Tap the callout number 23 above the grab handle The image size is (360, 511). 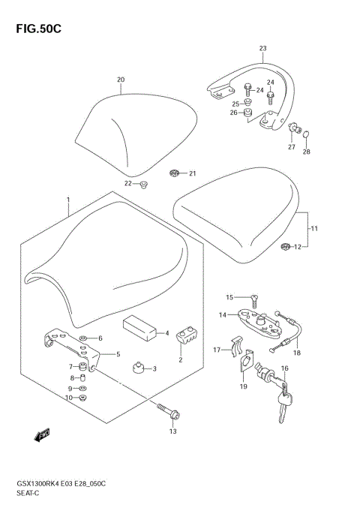point(262,49)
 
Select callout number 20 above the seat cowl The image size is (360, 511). point(121,80)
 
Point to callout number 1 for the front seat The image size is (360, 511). point(67,200)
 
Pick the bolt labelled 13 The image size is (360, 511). point(165,412)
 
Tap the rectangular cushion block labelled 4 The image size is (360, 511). point(140,327)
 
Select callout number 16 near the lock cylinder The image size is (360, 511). point(284,369)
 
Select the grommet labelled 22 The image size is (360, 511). point(143,185)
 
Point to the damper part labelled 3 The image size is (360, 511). point(138,368)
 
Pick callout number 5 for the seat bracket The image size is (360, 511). point(116,354)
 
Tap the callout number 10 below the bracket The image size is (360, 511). point(68,398)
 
